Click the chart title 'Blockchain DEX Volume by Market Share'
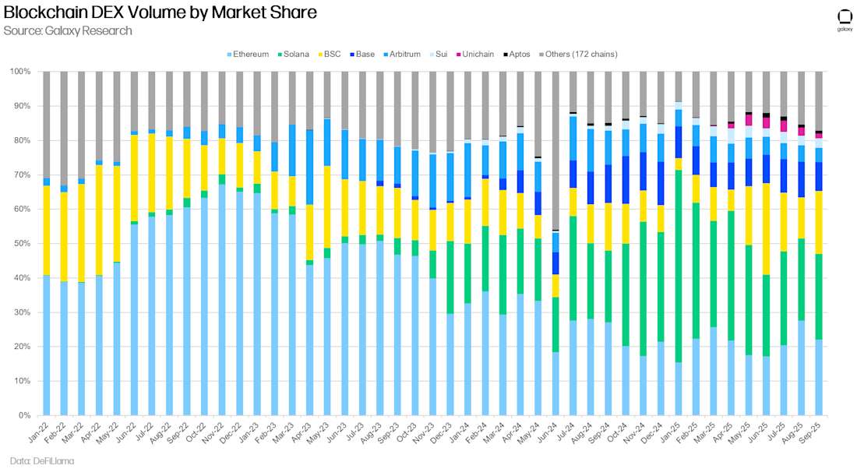pyautogui.click(x=160, y=12)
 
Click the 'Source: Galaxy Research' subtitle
pyautogui.click(x=67, y=31)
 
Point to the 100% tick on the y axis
pyautogui.click(x=20, y=72)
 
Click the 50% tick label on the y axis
pyautogui.click(x=22, y=244)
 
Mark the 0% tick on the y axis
pyautogui.click(x=24, y=416)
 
